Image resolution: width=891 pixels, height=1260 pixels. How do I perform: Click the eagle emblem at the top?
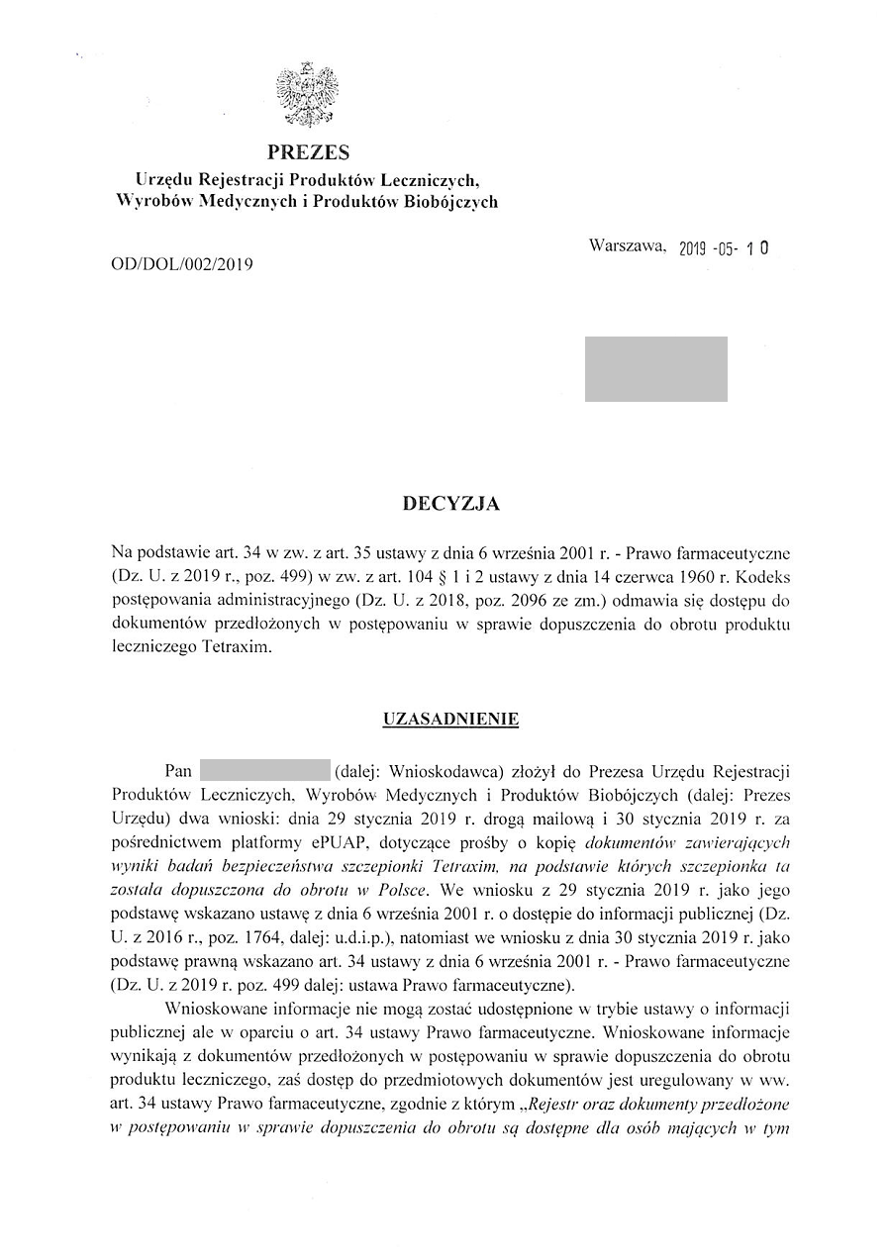point(308,96)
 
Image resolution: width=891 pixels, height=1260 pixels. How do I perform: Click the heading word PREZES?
point(308,152)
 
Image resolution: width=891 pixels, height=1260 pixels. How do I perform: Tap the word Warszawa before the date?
point(627,245)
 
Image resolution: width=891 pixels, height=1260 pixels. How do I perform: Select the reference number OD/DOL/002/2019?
point(183,264)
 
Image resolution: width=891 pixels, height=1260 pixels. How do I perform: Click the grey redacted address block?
point(655,369)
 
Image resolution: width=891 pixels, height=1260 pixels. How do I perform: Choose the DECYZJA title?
point(450,505)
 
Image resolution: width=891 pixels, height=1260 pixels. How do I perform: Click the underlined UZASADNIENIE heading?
point(450,720)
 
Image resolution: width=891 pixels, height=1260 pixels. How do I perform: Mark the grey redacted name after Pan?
point(264,770)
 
